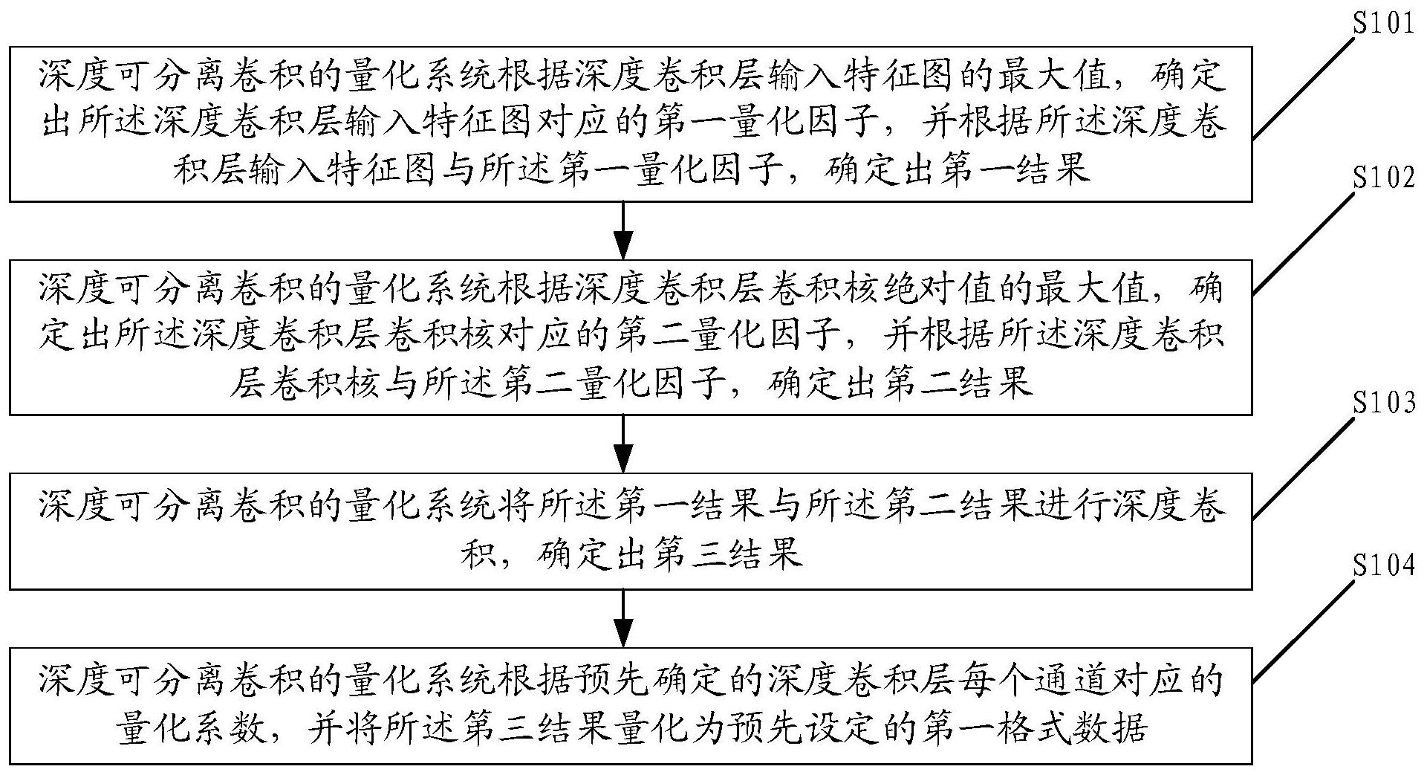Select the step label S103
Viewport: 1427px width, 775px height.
(x=1382, y=403)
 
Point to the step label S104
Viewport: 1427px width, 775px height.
(x=1382, y=565)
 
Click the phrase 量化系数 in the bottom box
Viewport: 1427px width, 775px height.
(x=190, y=729)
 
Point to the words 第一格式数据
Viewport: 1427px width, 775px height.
(x=1035, y=729)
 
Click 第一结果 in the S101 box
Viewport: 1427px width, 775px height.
(x=1015, y=170)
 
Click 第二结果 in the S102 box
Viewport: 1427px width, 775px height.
(x=958, y=384)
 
